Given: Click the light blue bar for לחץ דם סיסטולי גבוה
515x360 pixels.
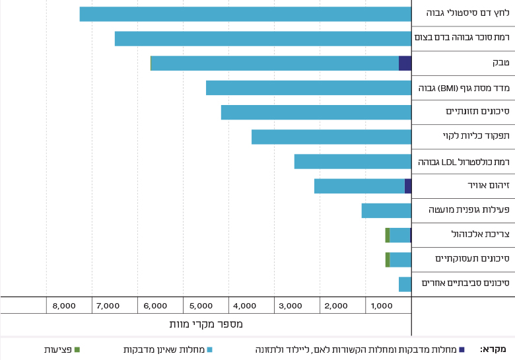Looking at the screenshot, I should pyautogui.click(x=245, y=14).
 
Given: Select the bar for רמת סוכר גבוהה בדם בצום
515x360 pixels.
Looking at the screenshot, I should pyautogui.click(x=263, y=38).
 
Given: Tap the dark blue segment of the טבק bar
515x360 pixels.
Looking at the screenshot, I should pyautogui.click(x=405, y=63).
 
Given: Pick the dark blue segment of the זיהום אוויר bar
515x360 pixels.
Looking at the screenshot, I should pyautogui.click(x=408, y=186).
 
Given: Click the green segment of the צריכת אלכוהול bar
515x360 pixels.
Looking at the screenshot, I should pyautogui.click(x=388, y=234).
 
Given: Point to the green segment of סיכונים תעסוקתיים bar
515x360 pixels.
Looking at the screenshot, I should pyautogui.click(x=388, y=260).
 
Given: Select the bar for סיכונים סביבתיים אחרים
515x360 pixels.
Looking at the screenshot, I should pyautogui.click(x=405, y=284).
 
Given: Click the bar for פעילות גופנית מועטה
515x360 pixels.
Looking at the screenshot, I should pyautogui.click(x=386, y=210).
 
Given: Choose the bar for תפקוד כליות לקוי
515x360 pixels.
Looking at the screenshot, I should pyautogui.click(x=331, y=137).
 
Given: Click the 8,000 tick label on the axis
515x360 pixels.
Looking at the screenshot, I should pyautogui.click(x=63, y=306).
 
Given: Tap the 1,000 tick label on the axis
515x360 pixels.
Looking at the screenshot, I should pyautogui.click(x=383, y=306).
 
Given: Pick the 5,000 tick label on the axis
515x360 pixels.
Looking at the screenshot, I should pyautogui.click(x=200, y=306).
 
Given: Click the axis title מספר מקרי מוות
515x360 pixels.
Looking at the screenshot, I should pyautogui.click(x=207, y=324).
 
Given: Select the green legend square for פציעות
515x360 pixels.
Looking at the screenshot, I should pyautogui.click(x=77, y=349).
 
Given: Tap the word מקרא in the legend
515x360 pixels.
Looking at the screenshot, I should pyautogui.click(x=493, y=349).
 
